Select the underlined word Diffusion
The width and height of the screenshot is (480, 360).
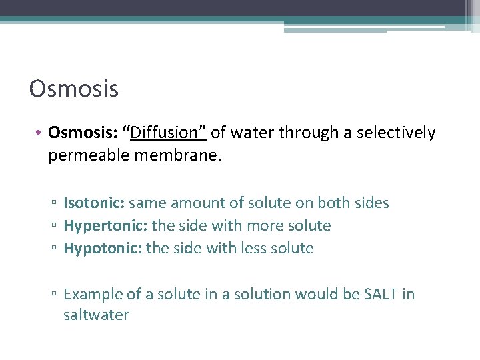coord(166,133)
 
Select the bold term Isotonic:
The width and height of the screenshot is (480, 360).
coord(93,203)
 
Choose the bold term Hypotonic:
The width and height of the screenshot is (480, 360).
coord(102,248)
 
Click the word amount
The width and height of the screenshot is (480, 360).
coord(197,203)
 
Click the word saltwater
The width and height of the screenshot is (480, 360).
coord(96,315)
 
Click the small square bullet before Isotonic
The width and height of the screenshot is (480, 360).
coord(55,203)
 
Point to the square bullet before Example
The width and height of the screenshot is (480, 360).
coord(55,295)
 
